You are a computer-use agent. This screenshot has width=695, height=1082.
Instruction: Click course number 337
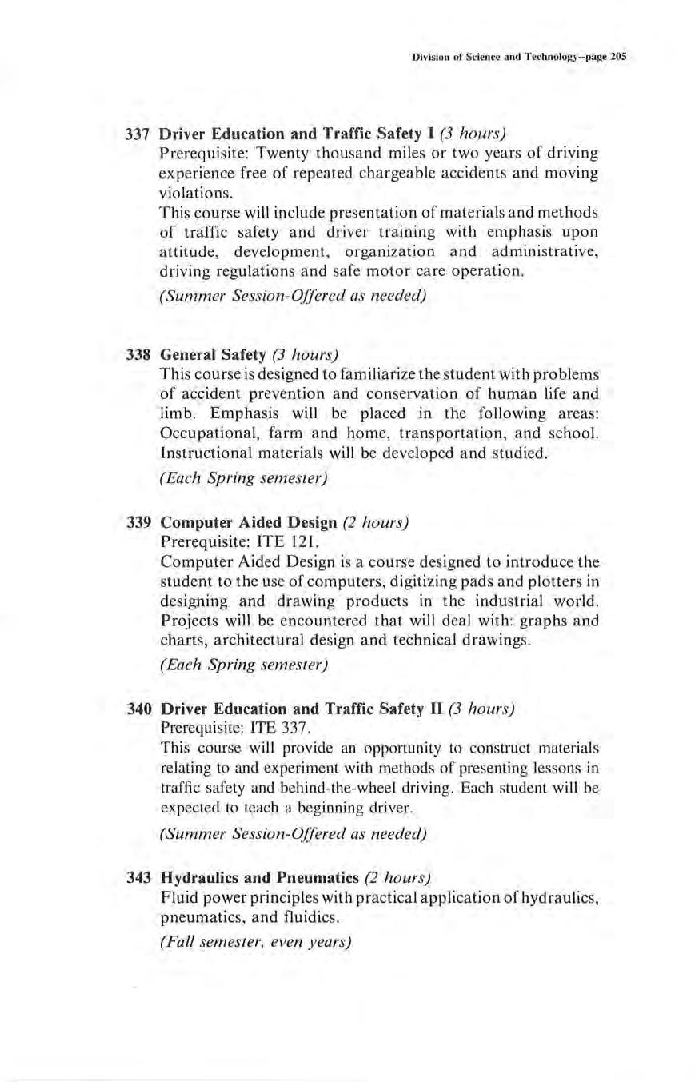[x=140, y=132]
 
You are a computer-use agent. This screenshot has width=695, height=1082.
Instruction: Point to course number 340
[x=140, y=709]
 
